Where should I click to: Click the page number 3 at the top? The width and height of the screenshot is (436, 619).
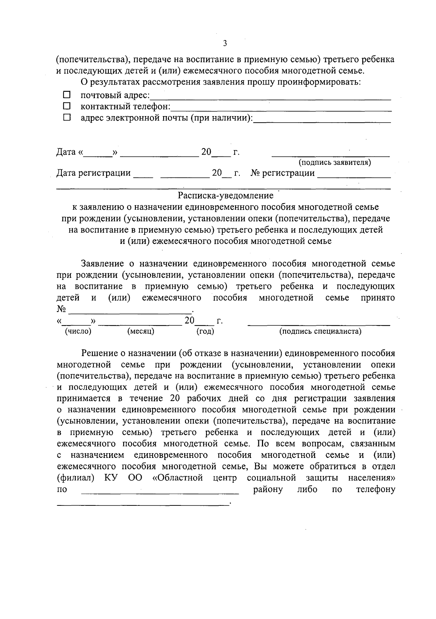pyautogui.click(x=225, y=44)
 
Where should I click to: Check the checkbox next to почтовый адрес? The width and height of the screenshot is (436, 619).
pyautogui.click(x=66, y=95)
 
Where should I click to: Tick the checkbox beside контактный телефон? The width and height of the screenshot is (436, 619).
pyautogui.click(x=66, y=106)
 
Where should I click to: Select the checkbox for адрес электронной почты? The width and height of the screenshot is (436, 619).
pyautogui.click(x=66, y=118)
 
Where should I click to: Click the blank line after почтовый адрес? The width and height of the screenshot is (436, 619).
pyautogui.click(x=270, y=98)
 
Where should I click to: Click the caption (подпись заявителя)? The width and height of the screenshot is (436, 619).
pyautogui.click(x=334, y=162)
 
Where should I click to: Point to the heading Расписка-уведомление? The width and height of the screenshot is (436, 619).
pyautogui.click(x=225, y=196)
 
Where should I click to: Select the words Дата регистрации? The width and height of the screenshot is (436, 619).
pyautogui.click(x=93, y=173)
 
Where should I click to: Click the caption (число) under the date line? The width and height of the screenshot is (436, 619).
pyautogui.click(x=78, y=331)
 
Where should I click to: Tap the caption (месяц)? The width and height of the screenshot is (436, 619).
pyautogui.click(x=141, y=331)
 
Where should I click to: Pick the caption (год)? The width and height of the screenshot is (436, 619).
pyautogui.click(x=205, y=331)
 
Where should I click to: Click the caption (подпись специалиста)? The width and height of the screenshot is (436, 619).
pyautogui.click(x=320, y=331)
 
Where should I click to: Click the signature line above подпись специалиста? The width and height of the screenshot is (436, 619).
pyautogui.click(x=319, y=324)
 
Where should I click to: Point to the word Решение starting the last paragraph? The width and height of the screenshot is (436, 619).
pyautogui.click(x=99, y=353)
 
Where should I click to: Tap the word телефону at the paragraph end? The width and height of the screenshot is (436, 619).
pyautogui.click(x=375, y=489)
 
